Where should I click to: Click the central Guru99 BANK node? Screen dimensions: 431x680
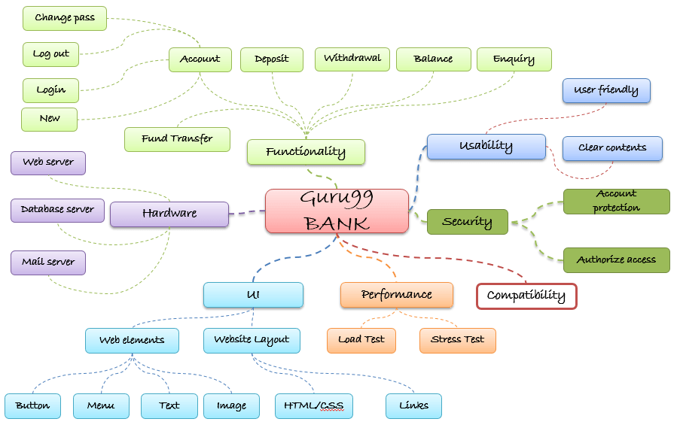click(x=337, y=211)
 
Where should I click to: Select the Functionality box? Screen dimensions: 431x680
click(x=306, y=152)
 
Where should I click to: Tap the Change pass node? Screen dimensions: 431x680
click(x=65, y=18)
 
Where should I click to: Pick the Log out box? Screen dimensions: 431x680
click(x=51, y=54)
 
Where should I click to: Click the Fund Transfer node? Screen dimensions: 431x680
click(x=178, y=138)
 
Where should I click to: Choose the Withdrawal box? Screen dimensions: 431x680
click(x=352, y=59)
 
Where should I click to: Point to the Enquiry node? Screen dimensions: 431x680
click(x=514, y=59)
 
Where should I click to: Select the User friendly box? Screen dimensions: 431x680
click(x=606, y=90)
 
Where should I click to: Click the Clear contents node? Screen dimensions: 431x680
click(x=612, y=148)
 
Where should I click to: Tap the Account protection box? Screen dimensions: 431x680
click(x=616, y=202)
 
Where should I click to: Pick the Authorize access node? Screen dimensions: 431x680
click(x=616, y=260)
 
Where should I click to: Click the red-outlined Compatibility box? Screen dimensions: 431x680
click(x=526, y=296)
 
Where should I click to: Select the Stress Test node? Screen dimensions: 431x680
click(x=458, y=340)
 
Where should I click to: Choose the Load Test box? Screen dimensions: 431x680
click(x=361, y=340)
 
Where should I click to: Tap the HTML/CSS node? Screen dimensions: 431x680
click(x=314, y=406)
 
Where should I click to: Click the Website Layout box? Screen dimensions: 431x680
click(x=252, y=340)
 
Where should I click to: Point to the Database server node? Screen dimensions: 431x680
click(x=57, y=210)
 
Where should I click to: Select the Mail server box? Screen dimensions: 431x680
click(x=48, y=263)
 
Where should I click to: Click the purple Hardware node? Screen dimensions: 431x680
click(x=169, y=214)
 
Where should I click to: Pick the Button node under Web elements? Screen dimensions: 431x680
click(x=32, y=406)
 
